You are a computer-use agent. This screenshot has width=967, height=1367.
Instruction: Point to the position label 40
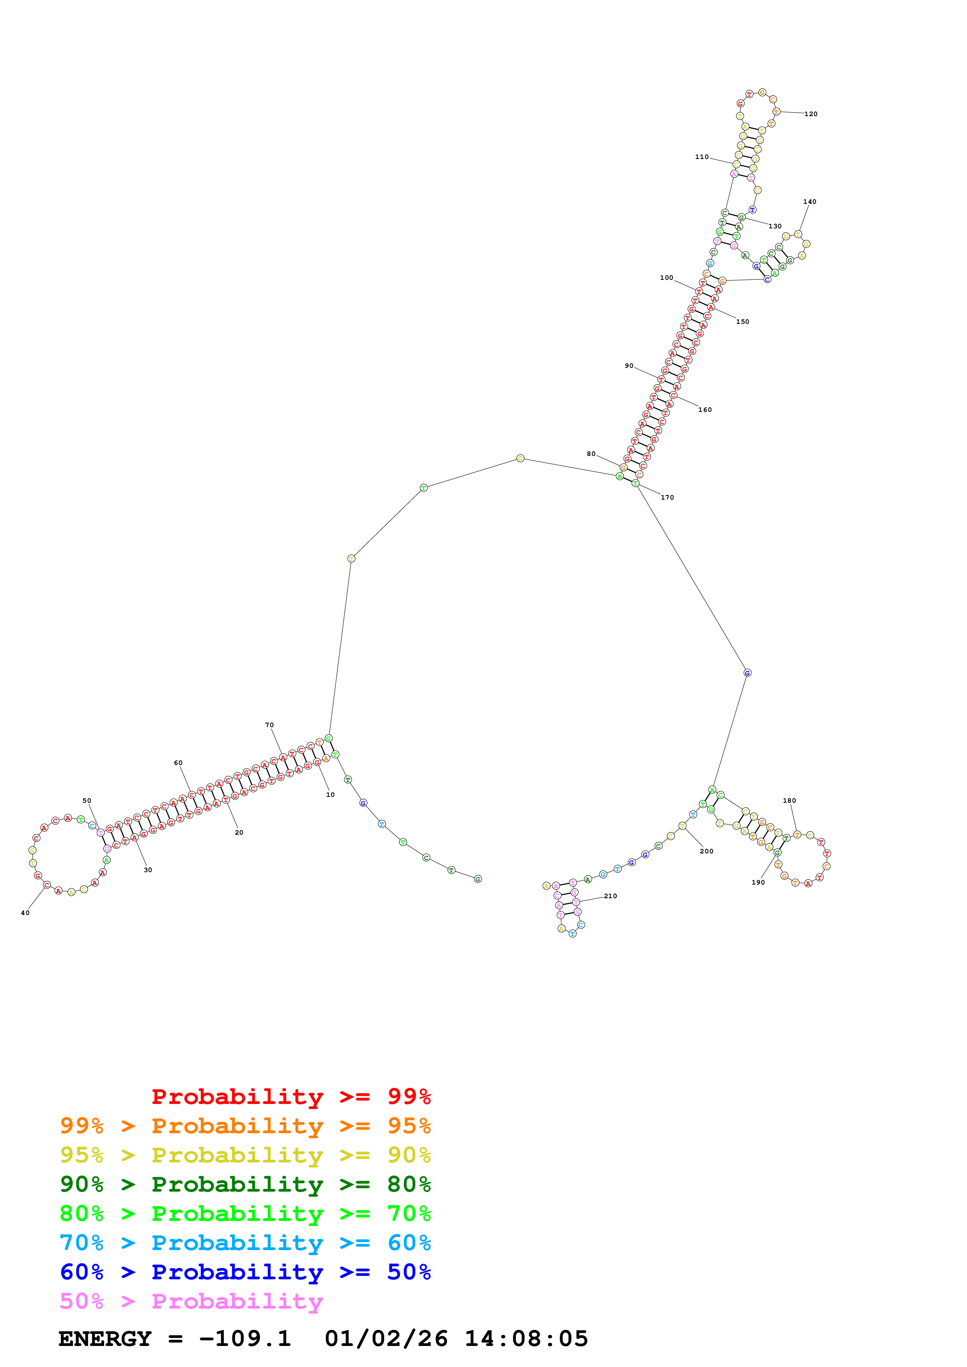point(25,913)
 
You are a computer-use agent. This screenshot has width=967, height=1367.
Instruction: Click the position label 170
point(667,497)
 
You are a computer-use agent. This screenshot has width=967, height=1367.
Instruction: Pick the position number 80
point(591,454)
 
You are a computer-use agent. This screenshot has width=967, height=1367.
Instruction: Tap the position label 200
point(707,851)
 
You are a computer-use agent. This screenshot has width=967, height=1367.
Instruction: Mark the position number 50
point(87,801)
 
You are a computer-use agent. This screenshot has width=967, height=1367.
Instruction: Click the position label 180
point(790,801)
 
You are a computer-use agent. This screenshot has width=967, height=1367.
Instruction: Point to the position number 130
point(775,226)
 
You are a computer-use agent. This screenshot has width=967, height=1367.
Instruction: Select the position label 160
point(705,410)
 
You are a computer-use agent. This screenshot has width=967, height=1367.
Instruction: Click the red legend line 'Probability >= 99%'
point(291,1096)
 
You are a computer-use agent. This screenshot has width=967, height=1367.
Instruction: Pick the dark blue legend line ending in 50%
point(245,1272)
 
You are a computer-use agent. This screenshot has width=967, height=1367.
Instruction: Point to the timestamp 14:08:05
point(526,1339)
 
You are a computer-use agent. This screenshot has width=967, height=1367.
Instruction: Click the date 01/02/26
point(386,1339)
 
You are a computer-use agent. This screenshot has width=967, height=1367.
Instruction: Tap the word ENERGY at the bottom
point(105,1339)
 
